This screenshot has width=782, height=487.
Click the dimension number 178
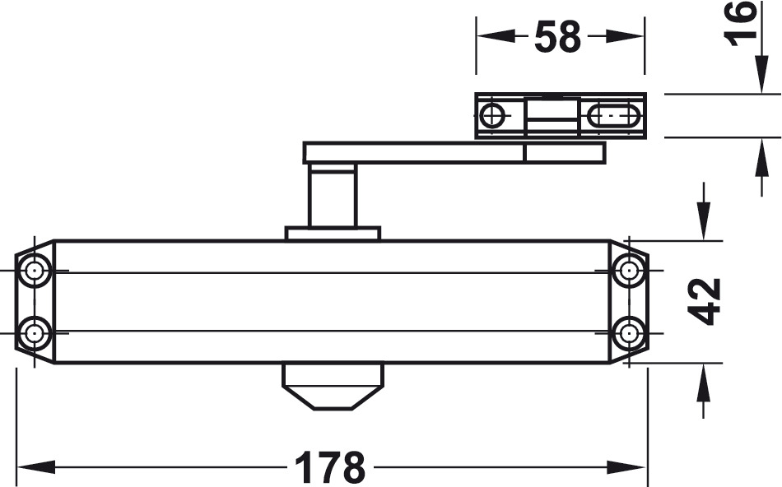(x=329, y=468)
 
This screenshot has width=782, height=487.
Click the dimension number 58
(x=557, y=37)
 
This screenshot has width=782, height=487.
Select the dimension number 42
(x=705, y=301)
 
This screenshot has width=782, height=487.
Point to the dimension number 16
(x=742, y=22)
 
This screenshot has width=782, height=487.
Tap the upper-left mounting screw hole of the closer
(x=35, y=271)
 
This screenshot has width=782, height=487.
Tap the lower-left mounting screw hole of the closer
(x=35, y=333)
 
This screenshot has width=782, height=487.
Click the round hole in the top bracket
(x=492, y=116)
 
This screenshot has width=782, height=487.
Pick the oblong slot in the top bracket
(x=613, y=117)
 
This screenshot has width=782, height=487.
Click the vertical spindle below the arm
(x=333, y=196)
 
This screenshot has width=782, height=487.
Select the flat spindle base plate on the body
(x=333, y=234)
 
